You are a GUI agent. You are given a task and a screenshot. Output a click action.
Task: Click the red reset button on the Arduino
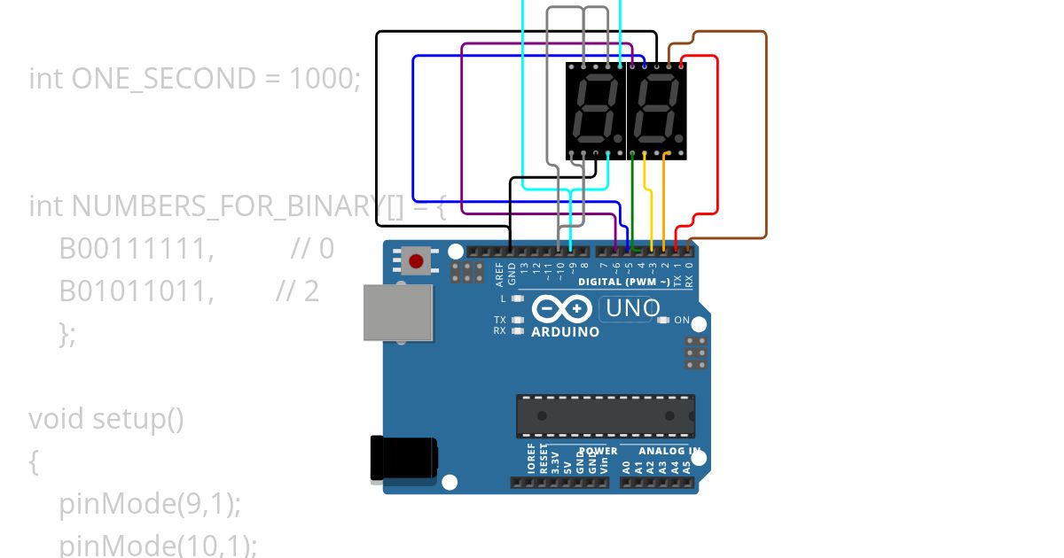pos(416,260)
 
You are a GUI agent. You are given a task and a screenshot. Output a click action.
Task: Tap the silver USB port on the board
pos(398,313)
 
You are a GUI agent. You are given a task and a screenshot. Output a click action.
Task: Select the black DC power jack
pos(403,459)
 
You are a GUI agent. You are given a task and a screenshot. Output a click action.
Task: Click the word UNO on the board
pos(631,308)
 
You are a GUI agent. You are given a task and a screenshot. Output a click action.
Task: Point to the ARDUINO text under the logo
pos(565,332)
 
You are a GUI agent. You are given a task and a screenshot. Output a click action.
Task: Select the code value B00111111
pos(137,249)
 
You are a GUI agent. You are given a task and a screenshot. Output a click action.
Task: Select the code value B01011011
pos(137,291)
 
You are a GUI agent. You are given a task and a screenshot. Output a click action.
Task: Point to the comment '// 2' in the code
pos(297,291)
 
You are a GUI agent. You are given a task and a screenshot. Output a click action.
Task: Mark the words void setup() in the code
pos(106,418)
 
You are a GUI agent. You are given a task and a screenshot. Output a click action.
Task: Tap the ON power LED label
pos(682,320)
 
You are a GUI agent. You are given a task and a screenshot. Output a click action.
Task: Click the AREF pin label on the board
pos(499,274)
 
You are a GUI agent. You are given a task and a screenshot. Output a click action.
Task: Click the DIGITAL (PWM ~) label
pos(624,282)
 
